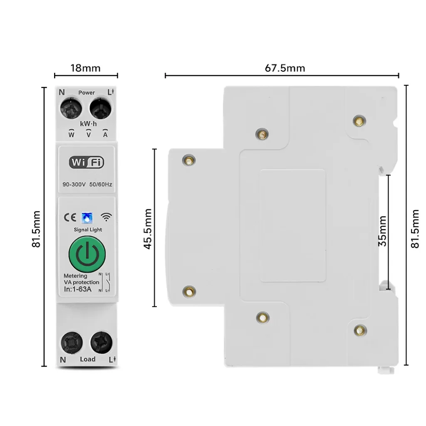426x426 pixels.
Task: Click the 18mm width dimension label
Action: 86,68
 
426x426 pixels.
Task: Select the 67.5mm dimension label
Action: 285,68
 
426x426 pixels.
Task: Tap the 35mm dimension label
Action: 382,231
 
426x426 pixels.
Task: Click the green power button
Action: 87,254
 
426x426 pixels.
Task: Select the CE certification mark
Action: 69,217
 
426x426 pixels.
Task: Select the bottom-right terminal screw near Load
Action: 101,342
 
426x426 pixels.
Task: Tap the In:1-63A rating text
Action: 77,290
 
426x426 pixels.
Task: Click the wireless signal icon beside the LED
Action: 106,217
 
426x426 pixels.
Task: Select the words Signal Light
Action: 87,230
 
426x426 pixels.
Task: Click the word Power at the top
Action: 87,93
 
